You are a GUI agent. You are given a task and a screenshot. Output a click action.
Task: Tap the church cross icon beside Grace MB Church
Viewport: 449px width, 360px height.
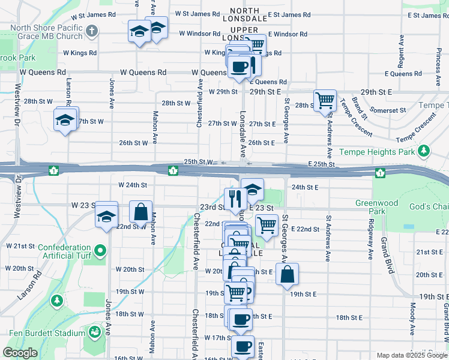pyautogui.click(x=91, y=30)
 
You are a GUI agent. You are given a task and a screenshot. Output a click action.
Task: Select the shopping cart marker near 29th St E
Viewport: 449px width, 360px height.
pyautogui.click(x=325, y=100)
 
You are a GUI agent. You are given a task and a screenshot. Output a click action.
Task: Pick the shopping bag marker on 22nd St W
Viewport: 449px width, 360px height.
pyautogui.click(x=140, y=212)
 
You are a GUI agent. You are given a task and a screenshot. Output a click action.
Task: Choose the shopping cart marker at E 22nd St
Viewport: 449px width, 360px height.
pyautogui.click(x=266, y=226)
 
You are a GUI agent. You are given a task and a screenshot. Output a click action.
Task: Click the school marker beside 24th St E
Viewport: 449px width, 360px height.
pyautogui.click(x=253, y=189)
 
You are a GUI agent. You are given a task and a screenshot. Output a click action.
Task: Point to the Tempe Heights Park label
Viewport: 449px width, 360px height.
pyautogui.click(x=377, y=152)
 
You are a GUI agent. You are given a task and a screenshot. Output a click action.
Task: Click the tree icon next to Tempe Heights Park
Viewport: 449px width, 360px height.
pyautogui.click(x=424, y=150)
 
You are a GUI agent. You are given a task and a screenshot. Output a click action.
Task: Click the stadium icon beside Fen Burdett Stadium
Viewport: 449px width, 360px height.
pyautogui.click(x=94, y=332)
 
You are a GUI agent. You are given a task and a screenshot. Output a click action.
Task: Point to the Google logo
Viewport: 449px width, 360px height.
pyautogui.click(x=20, y=353)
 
